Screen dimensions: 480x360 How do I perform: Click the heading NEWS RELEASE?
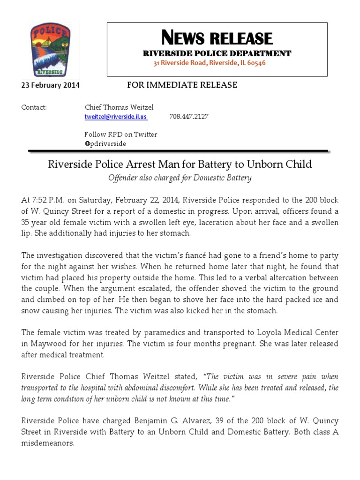click(217, 37)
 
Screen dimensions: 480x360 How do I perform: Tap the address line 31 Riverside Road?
click(210, 63)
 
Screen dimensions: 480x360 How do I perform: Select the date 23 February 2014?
click(51, 85)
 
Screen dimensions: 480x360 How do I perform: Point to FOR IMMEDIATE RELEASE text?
click(182, 85)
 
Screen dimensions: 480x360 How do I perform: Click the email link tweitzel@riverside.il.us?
click(116, 117)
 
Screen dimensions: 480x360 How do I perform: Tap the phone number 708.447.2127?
click(188, 117)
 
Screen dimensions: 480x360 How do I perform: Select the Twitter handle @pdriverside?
click(105, 144)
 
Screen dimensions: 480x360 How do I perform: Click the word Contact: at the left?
click(34, 107)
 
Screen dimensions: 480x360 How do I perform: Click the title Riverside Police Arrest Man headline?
click(180, 165)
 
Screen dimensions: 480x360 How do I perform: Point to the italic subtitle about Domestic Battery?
click(180, 178)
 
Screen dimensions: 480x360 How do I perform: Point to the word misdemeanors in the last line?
click(48, 442)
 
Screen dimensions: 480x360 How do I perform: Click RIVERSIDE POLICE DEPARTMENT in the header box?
click(217, 53)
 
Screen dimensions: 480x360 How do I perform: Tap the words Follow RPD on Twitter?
click(120, 135)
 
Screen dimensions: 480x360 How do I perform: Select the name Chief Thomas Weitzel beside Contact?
click(119, 107)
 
